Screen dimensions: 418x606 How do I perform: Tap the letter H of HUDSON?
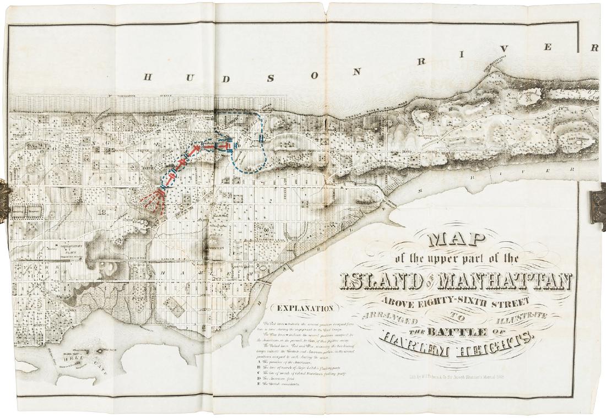(x=148, y=77)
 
